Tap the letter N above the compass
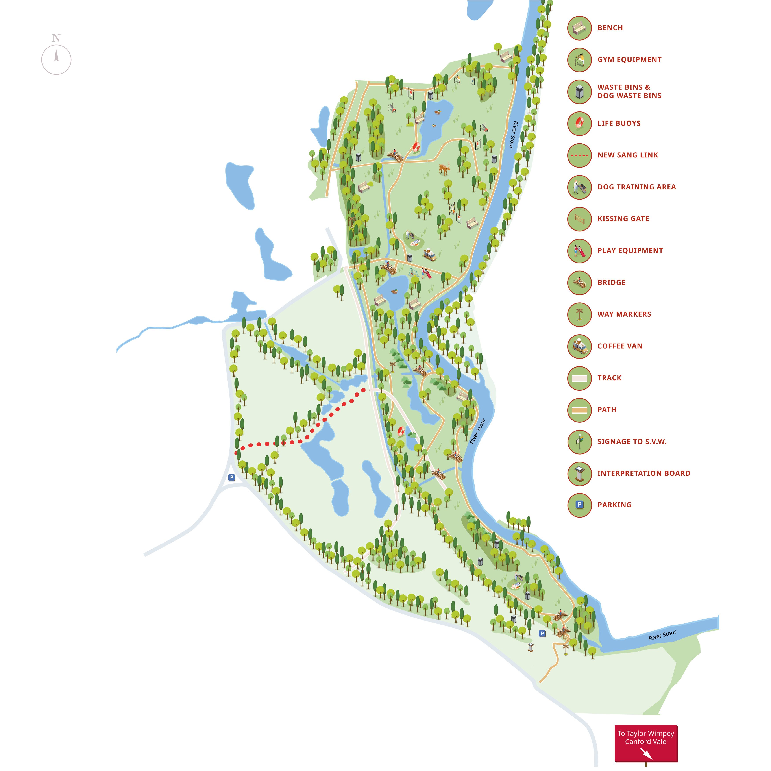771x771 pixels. click(x=56, y=38)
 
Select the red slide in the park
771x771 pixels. click(x=427, y=274)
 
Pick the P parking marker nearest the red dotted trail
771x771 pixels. click(x=231, y=477)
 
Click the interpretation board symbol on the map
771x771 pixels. click(x=530, y=647)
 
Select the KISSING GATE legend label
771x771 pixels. click(x=623, y=219)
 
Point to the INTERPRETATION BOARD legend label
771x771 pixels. click(x=643, y=473)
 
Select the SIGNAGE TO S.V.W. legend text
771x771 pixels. click(x=632, y=441)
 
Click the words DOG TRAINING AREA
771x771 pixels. click(x=636, y=187)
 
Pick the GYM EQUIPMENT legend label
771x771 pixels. click(x=629, y=59)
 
